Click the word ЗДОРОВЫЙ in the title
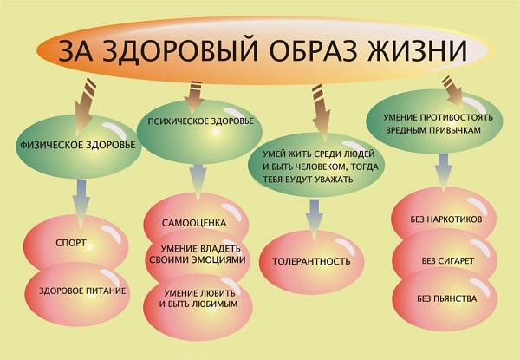point(180,50)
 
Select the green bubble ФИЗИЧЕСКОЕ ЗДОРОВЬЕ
point(79,146)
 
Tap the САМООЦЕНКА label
point(194,223)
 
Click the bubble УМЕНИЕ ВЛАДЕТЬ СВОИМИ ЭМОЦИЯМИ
point(198,256)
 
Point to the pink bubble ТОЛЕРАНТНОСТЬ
point(311,261)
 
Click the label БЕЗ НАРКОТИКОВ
point(445,219)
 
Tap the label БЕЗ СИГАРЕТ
point(448,261)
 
